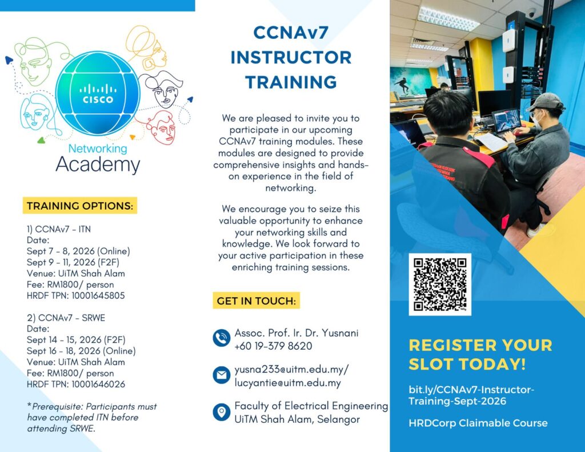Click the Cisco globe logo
(x=98, y=93)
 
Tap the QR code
(x=440, y=285)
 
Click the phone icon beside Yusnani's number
(x=222, y=338)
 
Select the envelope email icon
(x=222, y=375)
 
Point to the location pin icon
(x=222, y=411)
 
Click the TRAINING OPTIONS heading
(x=80, y=206)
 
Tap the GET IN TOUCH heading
(x=257, y=301)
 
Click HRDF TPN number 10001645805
(x=98, y=295)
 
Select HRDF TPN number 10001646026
(x=98, y=384)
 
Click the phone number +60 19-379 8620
(x=273, y=346)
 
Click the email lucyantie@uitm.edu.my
(x=288, y=383)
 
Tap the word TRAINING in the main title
(x=291, y=82)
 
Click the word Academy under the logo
(x=98, y=165)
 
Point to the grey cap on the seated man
(x=546, y=101)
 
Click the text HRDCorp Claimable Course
(x=478, y=423)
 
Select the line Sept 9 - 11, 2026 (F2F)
(x=73, y=262)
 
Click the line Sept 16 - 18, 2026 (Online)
(x=81, y=351)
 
